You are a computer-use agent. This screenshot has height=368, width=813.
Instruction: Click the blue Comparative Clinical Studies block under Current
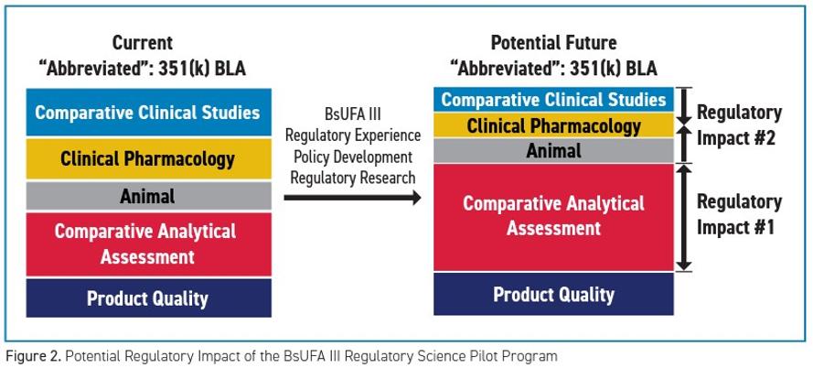coord(149,112)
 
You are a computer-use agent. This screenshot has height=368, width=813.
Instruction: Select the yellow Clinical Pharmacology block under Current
coord(149,159)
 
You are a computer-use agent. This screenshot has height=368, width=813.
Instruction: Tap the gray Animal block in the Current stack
coord(149,196)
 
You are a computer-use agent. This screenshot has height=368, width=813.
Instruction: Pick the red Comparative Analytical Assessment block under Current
coord(149,244)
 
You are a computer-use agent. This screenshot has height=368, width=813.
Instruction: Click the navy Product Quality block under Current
coord(149,298)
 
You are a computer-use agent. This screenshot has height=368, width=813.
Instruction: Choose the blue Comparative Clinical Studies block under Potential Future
coord(554,100)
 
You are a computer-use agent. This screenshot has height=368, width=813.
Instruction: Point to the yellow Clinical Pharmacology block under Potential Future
coord(554,125)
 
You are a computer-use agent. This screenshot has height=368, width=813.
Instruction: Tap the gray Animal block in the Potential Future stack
coord(554,150)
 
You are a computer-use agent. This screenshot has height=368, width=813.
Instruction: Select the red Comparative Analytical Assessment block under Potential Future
coord(554,217)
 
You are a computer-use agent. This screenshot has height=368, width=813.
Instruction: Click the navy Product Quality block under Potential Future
coord(554,294)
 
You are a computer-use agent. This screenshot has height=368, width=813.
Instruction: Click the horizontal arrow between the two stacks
coord(353,197)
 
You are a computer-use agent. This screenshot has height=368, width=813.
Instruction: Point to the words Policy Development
coord(353,157)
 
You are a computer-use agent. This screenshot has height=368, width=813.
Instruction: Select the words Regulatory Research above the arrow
coord(353,178)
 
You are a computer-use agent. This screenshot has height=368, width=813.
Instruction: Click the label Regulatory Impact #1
coord(739,214)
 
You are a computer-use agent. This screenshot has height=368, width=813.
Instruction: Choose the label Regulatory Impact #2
coord(739,125)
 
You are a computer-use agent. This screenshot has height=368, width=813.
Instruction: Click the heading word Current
coord(143,42)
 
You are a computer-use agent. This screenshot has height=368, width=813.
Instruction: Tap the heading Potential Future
coord(554,42)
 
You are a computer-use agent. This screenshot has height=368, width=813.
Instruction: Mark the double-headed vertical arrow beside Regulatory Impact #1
coord(684,217)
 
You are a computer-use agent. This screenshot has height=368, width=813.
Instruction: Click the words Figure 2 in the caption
coord(28,357)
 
